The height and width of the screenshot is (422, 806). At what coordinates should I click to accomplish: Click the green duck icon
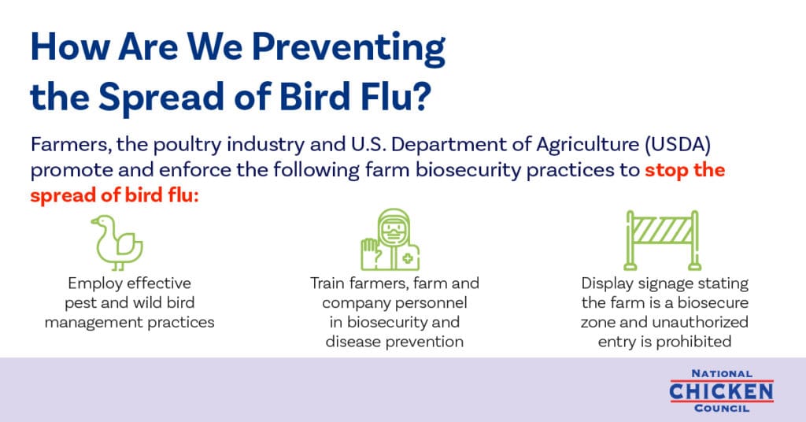[117, 242]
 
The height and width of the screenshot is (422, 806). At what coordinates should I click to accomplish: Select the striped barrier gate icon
[663, 240]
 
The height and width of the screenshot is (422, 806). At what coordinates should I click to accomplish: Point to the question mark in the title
[421, 97]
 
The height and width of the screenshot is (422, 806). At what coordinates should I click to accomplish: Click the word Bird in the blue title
[314, 96]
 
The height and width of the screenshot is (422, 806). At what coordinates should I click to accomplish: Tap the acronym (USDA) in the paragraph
[678, 145]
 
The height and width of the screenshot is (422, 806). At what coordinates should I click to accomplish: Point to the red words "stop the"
[685, 170]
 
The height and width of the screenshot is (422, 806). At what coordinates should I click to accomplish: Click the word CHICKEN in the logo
[721, 391]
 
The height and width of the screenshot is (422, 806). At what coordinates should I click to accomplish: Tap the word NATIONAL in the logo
[722, 374]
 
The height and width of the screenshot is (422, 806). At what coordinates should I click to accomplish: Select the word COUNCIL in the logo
[722, 409]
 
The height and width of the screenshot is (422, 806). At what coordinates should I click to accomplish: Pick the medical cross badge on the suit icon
[409, 259]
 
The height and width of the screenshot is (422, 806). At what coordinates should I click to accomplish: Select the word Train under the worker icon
[327, 283]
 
